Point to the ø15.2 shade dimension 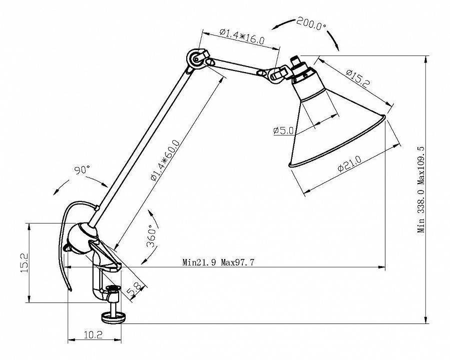pyautogui.click(x=357, y=77)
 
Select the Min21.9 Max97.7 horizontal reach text pyautogui.click(x=222, y=262)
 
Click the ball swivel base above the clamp pyautogui.click(x=83, y=237)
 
